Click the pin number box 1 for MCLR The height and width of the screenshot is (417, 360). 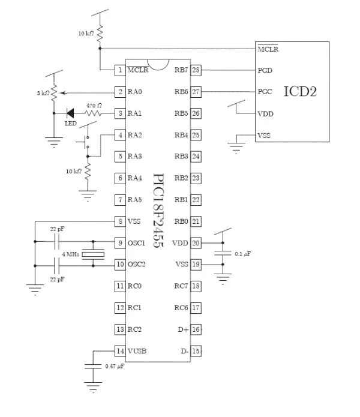click(120, 70)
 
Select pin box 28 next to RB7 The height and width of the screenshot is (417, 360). click(196, 70)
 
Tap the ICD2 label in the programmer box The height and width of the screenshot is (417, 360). click(299, 92)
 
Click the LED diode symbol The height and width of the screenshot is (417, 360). click(71, 113)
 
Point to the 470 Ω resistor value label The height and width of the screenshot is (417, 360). click(94, 106)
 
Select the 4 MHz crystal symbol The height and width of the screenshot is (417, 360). click(93, 254)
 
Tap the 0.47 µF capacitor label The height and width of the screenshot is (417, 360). click(114, 365)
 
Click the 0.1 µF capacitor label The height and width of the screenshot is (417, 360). click(242, 254)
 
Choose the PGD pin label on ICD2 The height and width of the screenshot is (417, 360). click(265, 70)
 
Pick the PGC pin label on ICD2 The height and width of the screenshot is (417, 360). click(265, 92)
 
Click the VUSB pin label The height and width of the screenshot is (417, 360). click(137, 351)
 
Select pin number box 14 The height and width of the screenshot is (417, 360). click(120, 351)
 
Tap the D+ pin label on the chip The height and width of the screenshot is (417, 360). click(182, 329)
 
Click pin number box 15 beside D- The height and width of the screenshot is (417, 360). click(196, 351)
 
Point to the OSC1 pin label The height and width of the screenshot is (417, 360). click(137, 243)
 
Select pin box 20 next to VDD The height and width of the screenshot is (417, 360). click(196, 243)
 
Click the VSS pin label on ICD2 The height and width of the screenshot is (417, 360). click(264, 135)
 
